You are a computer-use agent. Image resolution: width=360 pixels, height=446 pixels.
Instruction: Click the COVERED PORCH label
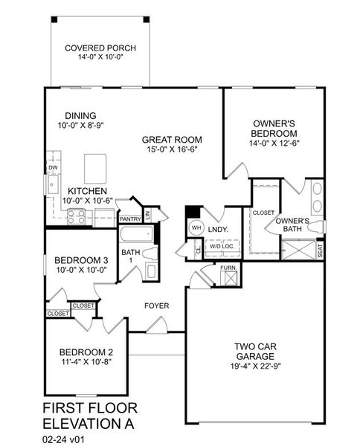100,49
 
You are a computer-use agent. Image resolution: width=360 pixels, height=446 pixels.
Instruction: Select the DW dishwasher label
53,169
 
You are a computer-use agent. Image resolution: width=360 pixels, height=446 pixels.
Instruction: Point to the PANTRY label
130,219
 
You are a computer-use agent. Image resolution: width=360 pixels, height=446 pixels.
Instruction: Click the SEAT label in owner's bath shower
320,251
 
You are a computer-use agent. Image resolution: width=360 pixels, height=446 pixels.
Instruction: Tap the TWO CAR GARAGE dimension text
255,364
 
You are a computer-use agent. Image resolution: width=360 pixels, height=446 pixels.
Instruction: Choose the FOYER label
157,306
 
